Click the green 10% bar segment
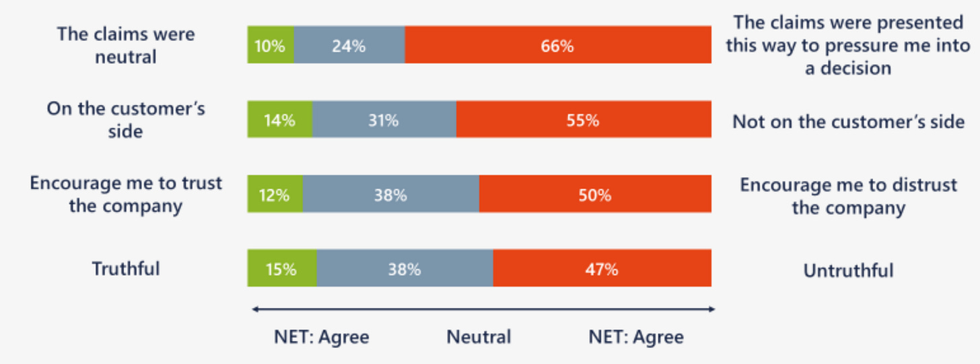(271, 45)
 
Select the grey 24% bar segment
(349, 45)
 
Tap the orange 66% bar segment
(558, 45)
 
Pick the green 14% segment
(279, 120)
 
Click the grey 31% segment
(384, 120)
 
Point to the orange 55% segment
(584, 120)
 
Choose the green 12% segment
(275, 194)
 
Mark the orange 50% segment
(595, 194)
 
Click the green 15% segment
(282, 268)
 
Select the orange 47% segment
(602, 268)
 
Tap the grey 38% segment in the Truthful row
(405, 268)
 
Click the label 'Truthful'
(126, 269)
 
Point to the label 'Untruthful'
(848, 270)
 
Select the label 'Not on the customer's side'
(848, 122)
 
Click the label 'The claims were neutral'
(126, 45)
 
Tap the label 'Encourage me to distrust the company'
(848, 196)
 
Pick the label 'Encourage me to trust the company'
(126, 194)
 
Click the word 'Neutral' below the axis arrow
(479, 336)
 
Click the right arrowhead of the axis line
(712, 310)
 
